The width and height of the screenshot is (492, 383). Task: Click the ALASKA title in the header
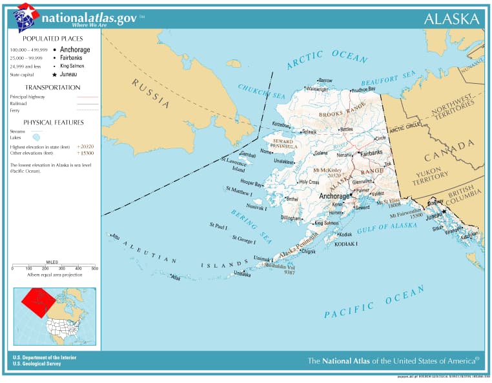(x=451, y=19)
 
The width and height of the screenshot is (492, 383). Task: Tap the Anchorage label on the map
(x=334, y=196)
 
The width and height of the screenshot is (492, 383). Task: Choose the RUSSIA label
(x=150, y=93)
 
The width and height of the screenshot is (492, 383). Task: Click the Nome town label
(x=266, y=152)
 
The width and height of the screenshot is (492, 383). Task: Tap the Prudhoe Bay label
(x=364, y=89)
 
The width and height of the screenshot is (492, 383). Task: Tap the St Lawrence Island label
(x=233, y=164)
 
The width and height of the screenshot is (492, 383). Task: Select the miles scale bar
(x=54, y=266)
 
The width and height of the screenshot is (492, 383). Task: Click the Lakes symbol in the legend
(x=36, y=137)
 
